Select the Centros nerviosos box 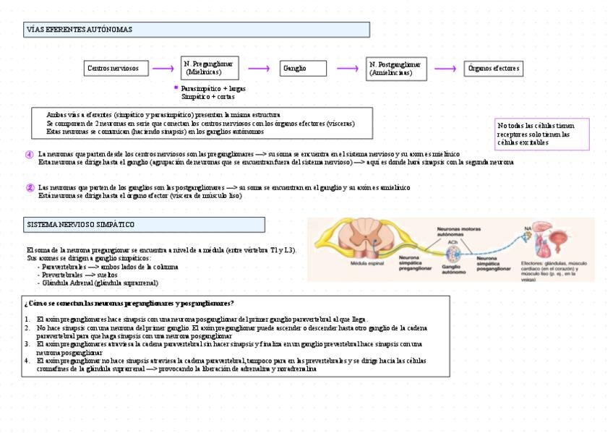[x=118, y=69]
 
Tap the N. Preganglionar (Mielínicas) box [x=209, y=69]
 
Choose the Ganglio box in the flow [x=299, y=69]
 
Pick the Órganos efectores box [x=494, y=69]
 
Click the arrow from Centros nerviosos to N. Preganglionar [x=163, y=69]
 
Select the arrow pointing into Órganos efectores [x=445, y=69]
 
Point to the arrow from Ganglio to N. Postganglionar [x=348, y=69]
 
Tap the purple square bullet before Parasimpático [x=176, y=87]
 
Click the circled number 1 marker [x=30, y=154]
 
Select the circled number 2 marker [x=30, y=187]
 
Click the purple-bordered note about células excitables [x=542, y=134]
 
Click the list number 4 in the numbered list [x=27, y=360]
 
